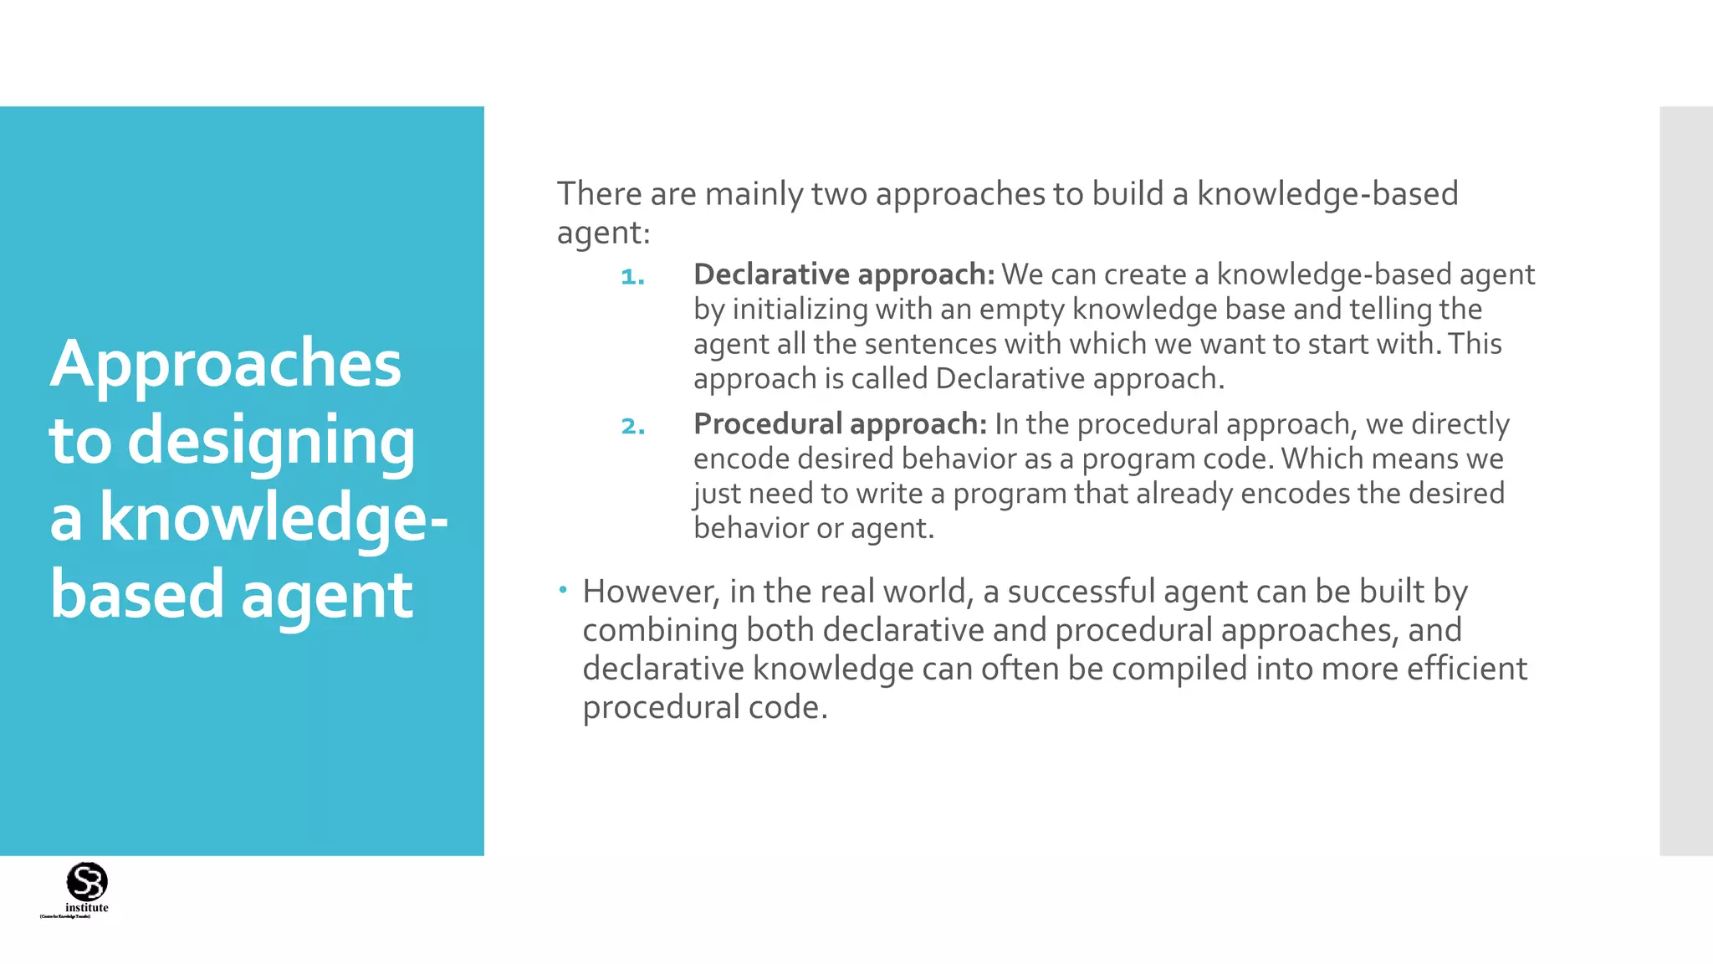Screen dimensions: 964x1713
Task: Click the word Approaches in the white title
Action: [226, 365]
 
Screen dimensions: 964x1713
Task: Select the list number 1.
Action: [632, 276]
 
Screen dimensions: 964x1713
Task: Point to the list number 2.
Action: [632, 426]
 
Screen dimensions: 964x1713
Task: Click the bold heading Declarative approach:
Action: [843, 274]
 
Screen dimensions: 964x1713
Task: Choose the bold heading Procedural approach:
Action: [840, 424]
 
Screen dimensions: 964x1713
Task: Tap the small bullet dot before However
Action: [564, 590]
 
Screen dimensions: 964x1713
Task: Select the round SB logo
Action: [87, 881]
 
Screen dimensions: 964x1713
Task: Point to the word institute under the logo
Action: [87, 908]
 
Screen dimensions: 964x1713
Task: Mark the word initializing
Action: [800, 310]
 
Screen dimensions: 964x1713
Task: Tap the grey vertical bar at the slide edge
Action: [1685, 481]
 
